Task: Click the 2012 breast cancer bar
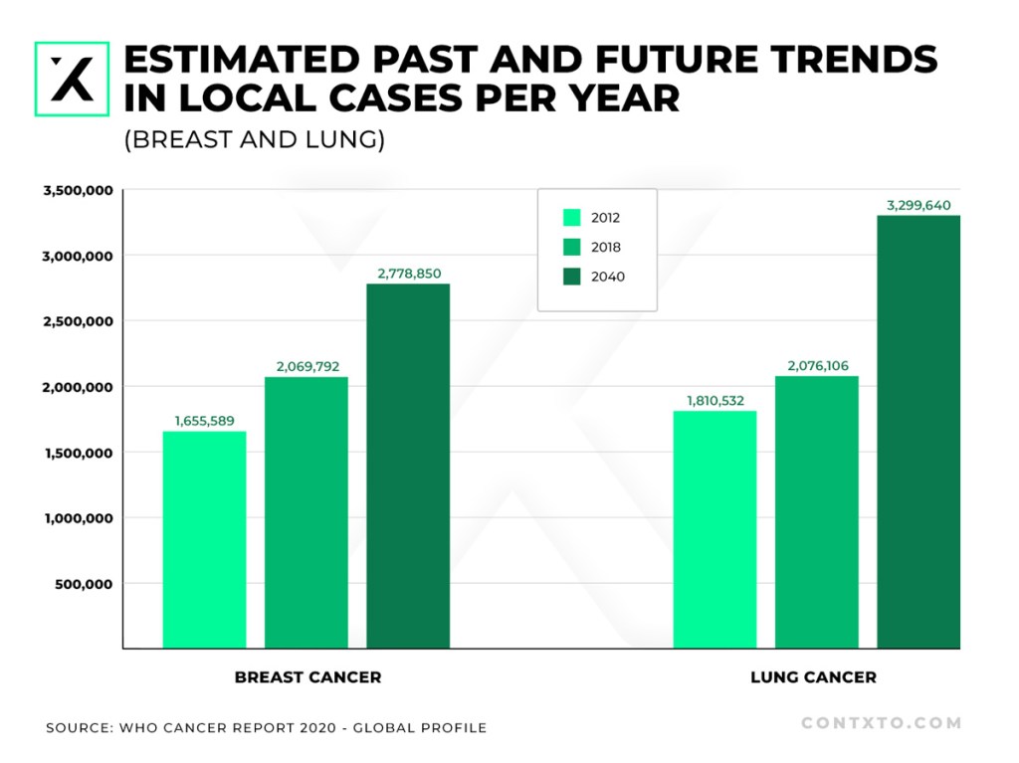(x=204, y=539)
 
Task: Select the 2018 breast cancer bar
(x=306, y=512)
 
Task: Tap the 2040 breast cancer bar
(x=408, y=466)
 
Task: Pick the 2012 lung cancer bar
(x=714, y=529)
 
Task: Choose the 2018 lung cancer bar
(x=817, y=512)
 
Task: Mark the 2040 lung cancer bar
(x=918, y=432)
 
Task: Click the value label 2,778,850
(x=409, y=274)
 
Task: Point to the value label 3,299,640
(x=918, y=205)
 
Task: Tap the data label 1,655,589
(x=205, y=421)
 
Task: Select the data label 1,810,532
(x=715, y=400)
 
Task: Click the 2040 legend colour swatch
(x=572, y=277)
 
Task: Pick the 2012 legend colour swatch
(x=572, y=217)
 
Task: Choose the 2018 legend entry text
(x=606, y=247)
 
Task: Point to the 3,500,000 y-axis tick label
(x=78, y=190)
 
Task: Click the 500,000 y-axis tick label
(x=84, y=584)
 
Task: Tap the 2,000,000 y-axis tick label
(x=78, y=387)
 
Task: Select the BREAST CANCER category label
(x=308, y=677)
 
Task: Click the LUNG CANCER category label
(x=814, y=677)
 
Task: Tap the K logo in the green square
(x=72, y=80)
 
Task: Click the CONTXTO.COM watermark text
(x=882, y=722)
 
